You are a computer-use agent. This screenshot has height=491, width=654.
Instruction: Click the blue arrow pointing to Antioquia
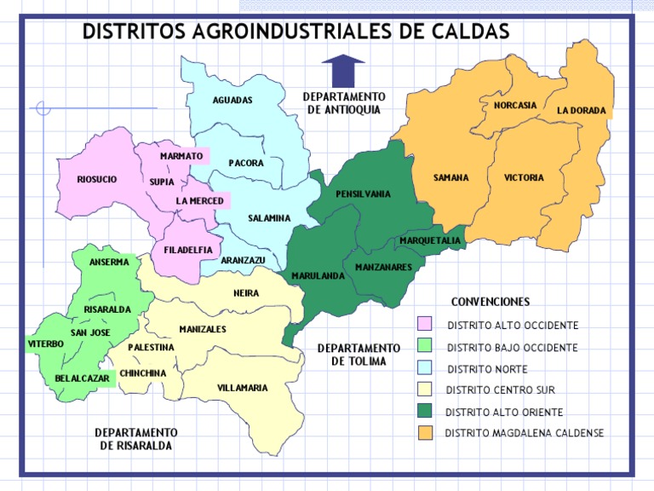tap(343, 70)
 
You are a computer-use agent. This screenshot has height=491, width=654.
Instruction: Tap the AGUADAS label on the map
tap(232, 101)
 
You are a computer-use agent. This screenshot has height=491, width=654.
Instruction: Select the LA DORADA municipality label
tap(582, 111)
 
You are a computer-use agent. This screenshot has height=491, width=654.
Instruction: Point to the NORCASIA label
tap(515, 105)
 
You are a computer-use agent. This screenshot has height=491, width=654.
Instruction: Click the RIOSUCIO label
tap(96, 179)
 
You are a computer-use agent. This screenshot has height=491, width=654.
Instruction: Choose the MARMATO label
tap(181, 156)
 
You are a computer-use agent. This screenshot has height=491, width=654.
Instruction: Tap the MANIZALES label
tap(203, 329)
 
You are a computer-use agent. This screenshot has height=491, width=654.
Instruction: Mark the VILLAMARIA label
tap(242, 388)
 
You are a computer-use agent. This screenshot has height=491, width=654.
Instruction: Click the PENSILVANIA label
tap(363, 194)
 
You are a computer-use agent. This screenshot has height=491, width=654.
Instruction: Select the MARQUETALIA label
tap(430, 241)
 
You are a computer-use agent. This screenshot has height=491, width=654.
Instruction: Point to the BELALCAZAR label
tap(82, 378)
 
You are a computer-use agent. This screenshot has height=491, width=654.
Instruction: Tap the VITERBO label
tap(46, 344)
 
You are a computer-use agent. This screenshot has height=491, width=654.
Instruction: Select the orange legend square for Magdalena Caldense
tap(424, 433)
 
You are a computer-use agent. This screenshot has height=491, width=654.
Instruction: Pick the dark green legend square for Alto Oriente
tap(424, 411)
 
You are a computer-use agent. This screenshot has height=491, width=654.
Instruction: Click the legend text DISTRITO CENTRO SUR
tap(501, 390)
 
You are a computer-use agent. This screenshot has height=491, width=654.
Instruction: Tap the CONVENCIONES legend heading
tap(490, 302)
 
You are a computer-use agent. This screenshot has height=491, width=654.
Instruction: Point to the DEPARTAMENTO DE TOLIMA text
tap(359, 355)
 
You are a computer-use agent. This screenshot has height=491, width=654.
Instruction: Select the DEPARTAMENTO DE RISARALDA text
tap(135, 439)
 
